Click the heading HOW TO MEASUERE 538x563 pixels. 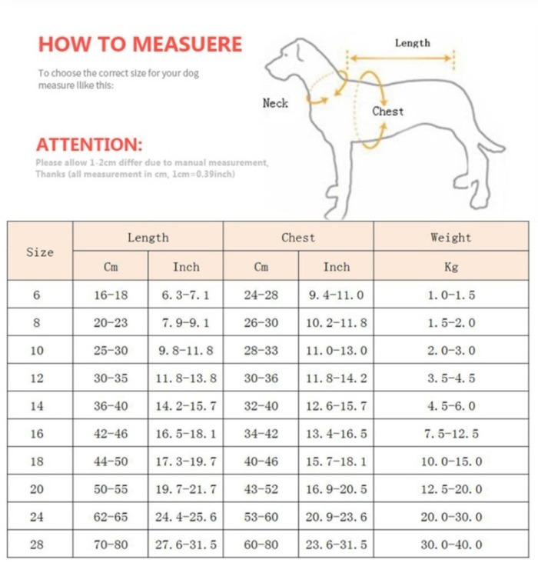coord(140,44)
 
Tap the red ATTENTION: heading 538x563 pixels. coord(89,145)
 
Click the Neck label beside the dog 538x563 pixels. coord(275,103)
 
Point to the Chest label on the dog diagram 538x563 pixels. coord(387,112)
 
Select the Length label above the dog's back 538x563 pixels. coord(412,44)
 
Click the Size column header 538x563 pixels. coord(40,252)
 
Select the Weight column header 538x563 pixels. coord(450,238)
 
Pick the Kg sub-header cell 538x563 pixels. coord(450,267)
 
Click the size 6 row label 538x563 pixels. coord(37,295)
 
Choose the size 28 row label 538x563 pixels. coord(37,545)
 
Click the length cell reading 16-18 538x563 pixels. coord(111,295)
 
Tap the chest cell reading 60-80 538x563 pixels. coord(261,545)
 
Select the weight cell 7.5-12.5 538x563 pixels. coord(451,434)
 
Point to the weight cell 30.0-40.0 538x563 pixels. coord(451,545)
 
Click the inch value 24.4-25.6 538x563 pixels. coord(185,517)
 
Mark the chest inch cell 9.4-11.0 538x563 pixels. coord(336,295)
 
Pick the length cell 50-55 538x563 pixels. coord(111,489)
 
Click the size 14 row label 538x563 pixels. coord(37,406)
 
